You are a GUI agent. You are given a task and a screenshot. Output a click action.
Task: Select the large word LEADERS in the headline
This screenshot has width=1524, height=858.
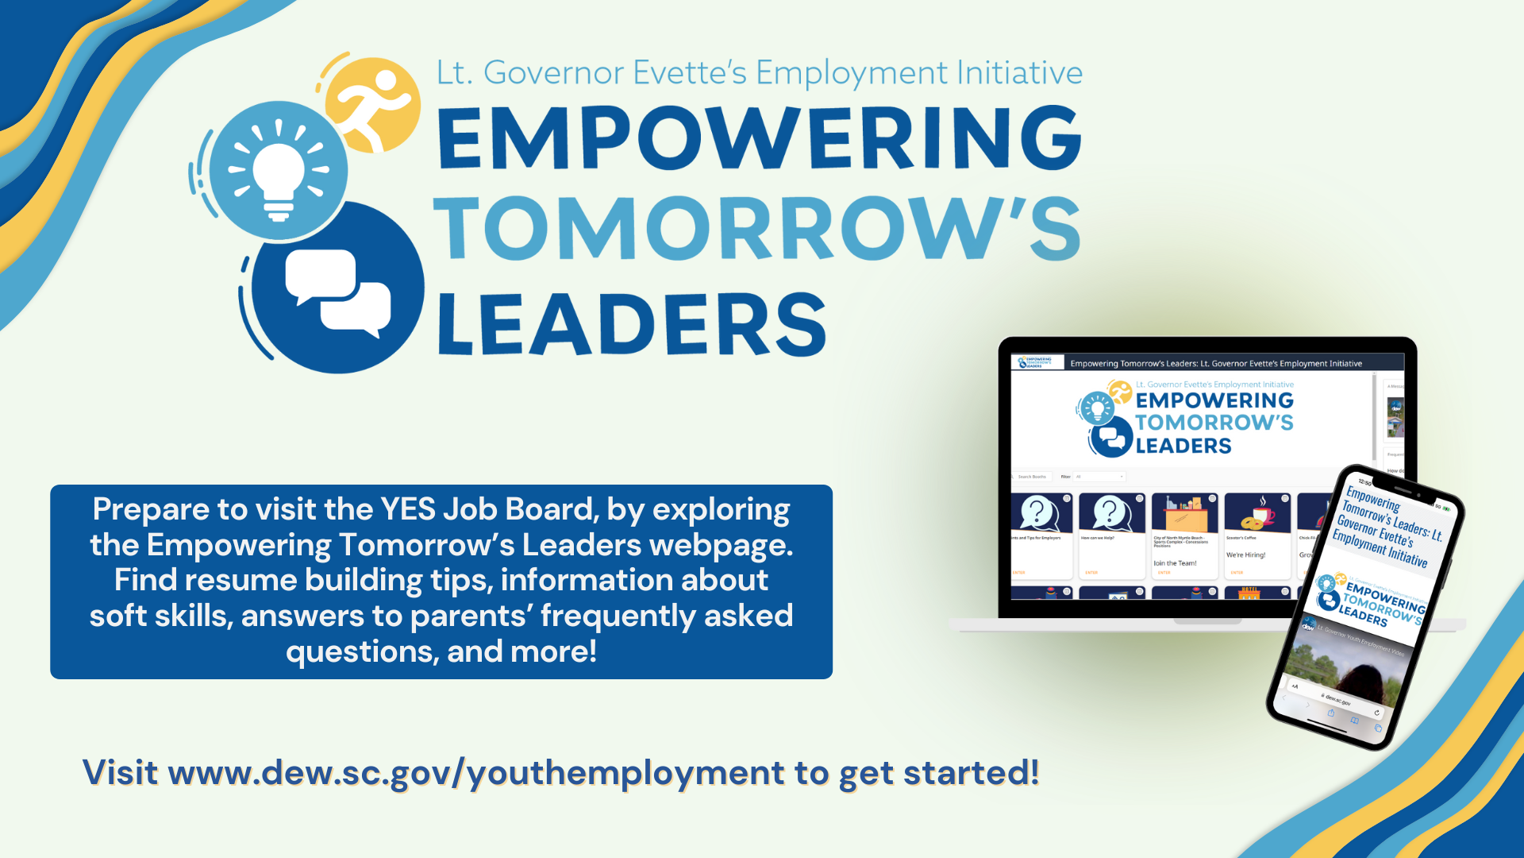(x=631, y=324)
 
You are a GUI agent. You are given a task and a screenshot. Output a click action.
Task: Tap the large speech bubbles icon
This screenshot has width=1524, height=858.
(x=337, y=290)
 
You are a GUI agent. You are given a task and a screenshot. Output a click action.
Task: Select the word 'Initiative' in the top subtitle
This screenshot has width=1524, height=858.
(x=1019, y=73)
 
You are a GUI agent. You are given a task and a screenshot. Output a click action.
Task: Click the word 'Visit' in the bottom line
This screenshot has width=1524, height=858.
(x=120, y=773)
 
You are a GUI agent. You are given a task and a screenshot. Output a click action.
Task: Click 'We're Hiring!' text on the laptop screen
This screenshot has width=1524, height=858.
(x=1245, y=555)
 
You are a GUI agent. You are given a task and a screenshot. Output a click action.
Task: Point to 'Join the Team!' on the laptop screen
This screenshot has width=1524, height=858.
(x=1175, y=563)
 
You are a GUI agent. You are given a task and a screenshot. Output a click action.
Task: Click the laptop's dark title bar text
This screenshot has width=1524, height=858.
(x=1215, y=364)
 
